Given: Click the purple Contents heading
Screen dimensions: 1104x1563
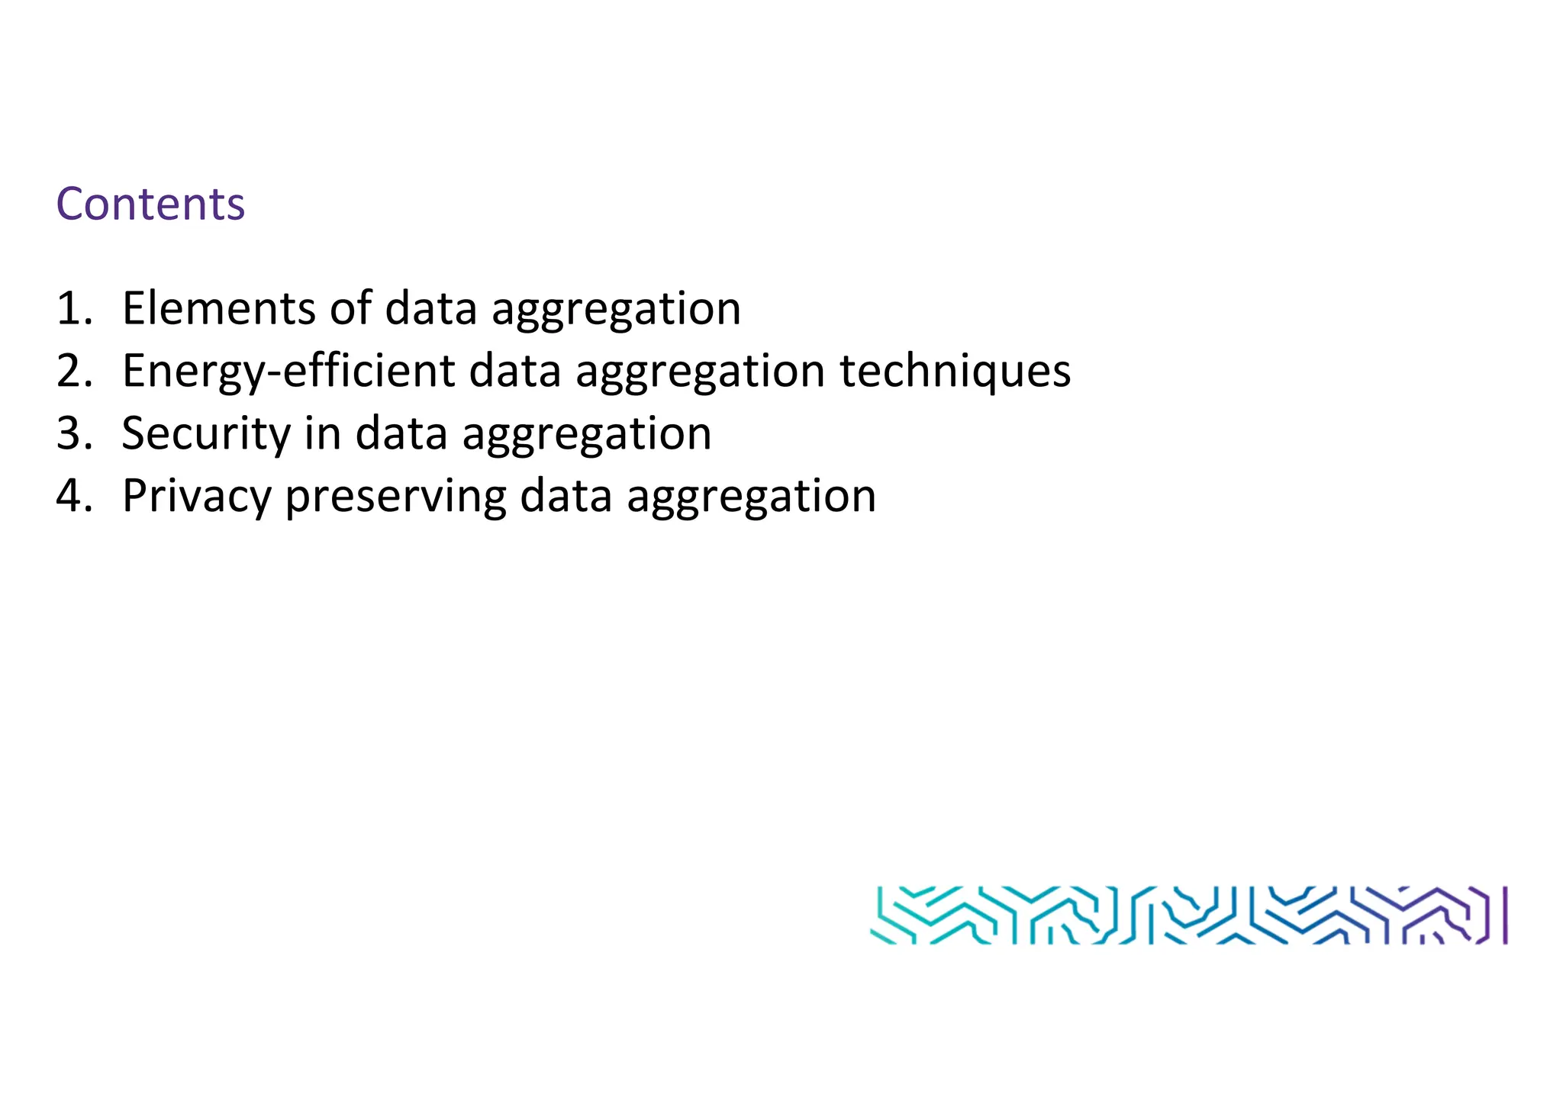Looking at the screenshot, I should [150, 204].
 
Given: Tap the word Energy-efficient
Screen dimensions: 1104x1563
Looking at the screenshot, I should [288, 371].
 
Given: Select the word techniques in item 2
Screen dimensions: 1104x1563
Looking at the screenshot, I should [956, 371].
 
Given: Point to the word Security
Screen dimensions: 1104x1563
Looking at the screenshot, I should [206, 433].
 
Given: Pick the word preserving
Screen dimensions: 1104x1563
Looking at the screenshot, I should [395, 496].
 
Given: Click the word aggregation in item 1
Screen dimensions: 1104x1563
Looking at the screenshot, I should [616, 310].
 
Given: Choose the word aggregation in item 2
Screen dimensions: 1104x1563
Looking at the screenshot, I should [700, 372].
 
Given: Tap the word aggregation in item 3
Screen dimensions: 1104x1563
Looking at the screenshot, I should [587, 435].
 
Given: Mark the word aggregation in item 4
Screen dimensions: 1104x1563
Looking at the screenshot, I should [751, 497].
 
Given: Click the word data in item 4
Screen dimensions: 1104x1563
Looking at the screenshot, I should [566, 496].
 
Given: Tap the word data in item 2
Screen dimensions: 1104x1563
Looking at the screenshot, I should [514, 371].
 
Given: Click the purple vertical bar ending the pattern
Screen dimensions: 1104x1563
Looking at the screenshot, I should [1505, 915].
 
